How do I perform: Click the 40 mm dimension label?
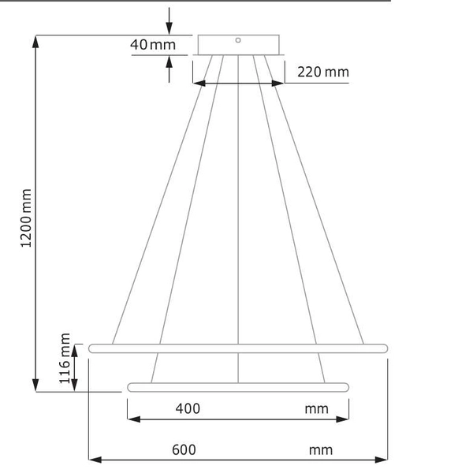click(x=153, y=44)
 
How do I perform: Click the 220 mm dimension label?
click(x=322, y=73)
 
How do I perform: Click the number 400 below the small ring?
click(x=188, y=408)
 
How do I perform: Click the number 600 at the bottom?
click(x=183, y=450)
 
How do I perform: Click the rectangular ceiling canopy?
click(x=237, y=46)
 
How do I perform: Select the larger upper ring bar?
click(x=238, y=348)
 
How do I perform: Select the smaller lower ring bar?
click(x=238, y=387)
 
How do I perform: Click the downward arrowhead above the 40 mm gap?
click(x=169, y=28)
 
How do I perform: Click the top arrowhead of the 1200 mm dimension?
click(x=35, y=43)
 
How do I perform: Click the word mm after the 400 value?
click(x=316, y=408)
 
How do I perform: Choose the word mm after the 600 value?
click(x=321, y=450)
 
